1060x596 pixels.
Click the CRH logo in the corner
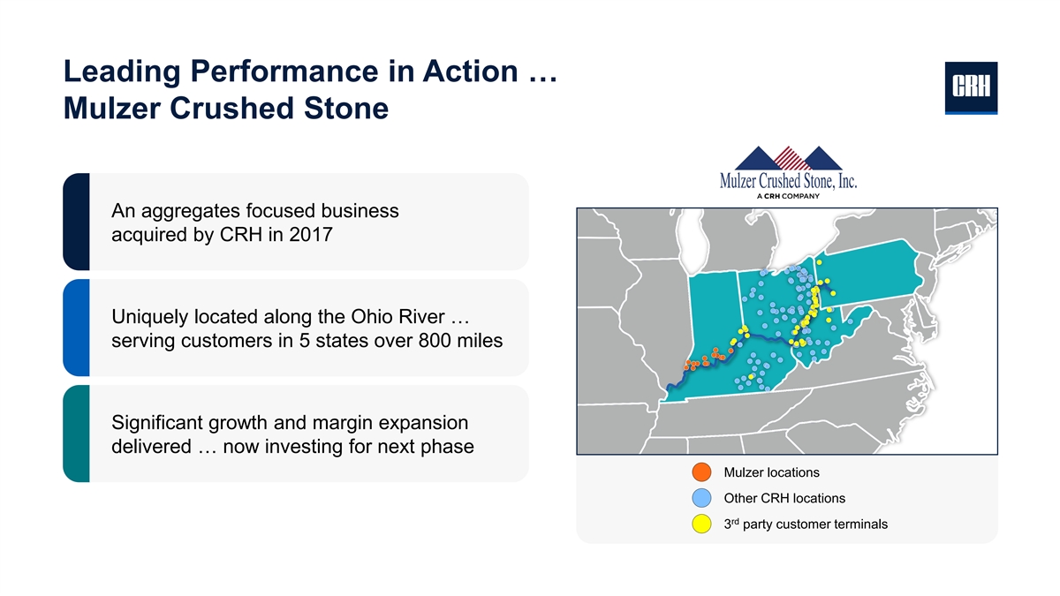coord(971,88)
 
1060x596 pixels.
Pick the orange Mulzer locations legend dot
coord(701,472)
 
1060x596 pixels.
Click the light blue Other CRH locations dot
coord(701,498)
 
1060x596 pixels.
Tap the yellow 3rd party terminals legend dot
coord(701,524)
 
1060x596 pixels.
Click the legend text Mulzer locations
coord(771,472)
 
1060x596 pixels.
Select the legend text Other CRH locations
coord(784,498)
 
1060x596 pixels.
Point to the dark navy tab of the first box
coord(76,222)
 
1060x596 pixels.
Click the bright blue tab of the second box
coord(76,328)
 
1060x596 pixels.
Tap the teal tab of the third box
coord(76,434)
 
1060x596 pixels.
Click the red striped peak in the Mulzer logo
coord(788,158)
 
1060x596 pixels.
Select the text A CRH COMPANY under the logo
coord(788,196)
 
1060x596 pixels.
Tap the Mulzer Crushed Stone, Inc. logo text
coord(788,181)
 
